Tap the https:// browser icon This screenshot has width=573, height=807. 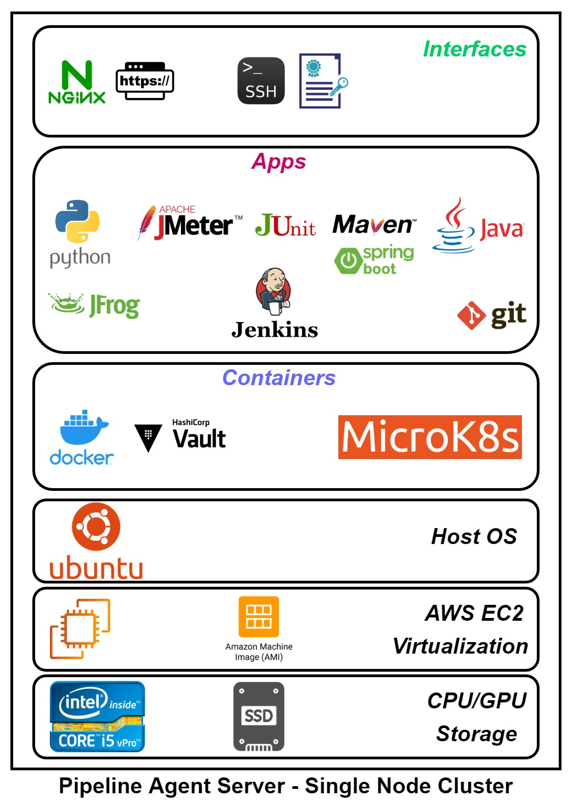145,81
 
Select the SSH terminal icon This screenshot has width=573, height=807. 261,81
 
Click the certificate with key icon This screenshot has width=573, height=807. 322,81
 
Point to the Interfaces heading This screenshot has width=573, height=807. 474,49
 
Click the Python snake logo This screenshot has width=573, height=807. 78,221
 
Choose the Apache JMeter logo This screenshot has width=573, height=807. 189,223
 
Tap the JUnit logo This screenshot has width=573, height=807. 285,225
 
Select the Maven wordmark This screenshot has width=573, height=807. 374,225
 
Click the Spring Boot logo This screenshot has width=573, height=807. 374,260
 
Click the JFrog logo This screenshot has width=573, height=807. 94,306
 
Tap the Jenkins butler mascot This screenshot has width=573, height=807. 274,290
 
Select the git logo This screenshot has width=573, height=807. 492,315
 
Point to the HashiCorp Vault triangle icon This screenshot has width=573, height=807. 148,437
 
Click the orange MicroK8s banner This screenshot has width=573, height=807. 430,437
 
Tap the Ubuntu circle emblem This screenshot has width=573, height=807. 96,526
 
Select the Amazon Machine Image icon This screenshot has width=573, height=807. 259,617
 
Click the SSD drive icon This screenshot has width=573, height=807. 259,717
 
